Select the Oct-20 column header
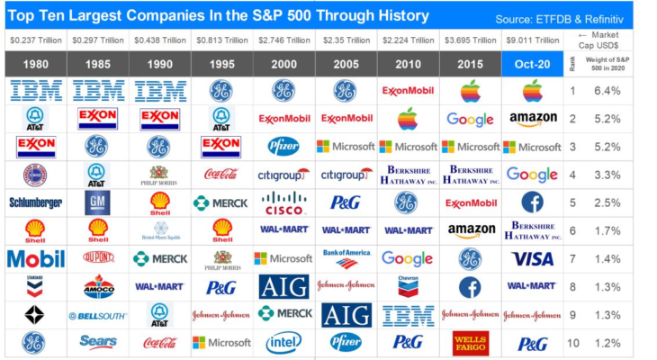532,65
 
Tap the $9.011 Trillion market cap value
532,40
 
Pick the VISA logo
532,258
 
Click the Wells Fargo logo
470,343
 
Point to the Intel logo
283,343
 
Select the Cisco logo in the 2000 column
283,202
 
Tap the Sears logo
97,342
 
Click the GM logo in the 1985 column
97,202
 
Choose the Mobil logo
35,259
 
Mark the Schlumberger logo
35,202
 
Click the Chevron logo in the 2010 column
408,286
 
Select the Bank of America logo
346,258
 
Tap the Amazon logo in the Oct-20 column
532,119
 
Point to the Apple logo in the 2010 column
408,119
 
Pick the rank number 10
572,343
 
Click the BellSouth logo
97,316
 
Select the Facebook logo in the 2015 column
470,286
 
